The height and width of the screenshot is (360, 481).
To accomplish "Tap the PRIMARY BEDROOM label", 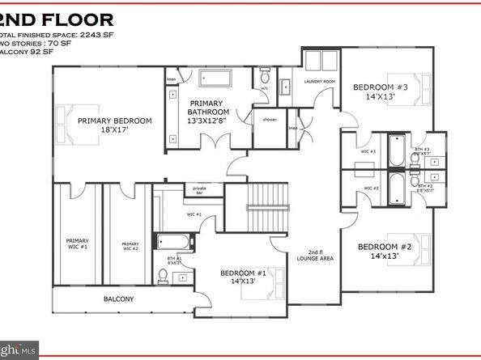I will click(114, 121).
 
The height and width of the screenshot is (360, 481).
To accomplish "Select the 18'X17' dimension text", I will click(114, 131).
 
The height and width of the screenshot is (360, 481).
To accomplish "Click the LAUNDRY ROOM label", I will click(319, 82).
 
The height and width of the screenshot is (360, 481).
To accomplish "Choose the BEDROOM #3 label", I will click(380, 87).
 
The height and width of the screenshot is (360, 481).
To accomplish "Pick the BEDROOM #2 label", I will click(385, 246).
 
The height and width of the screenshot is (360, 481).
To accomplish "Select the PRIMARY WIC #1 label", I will click(78, 243).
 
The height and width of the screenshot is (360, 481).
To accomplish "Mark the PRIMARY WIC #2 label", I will click(130, 246).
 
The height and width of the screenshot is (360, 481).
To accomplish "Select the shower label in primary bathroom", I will click(269, 119).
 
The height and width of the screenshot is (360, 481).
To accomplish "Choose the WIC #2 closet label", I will click(372, 188).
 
